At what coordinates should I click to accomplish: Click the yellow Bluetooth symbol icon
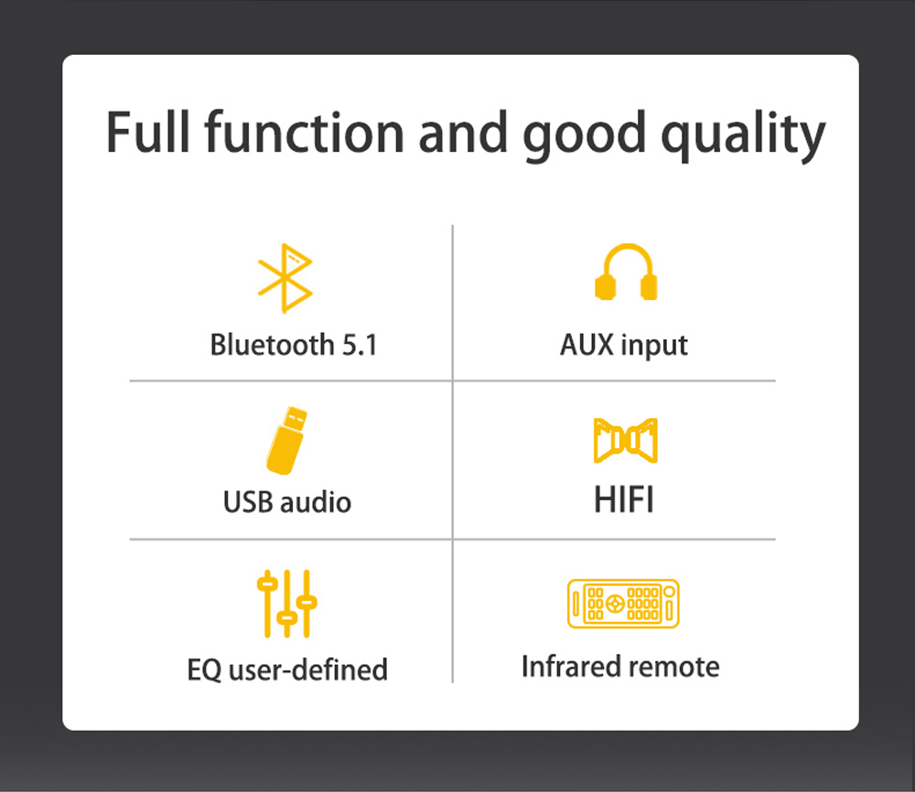[x=285, y=278]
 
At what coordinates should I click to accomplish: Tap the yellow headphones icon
[x=626, y=272]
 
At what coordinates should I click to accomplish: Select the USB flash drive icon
[x=285, y=440]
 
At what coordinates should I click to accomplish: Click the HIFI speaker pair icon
[x=626, y=440]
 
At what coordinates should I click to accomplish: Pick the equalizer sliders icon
[x=286, y=603]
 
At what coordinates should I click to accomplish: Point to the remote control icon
[x=623, y=603]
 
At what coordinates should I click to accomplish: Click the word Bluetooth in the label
[x=272, y=344]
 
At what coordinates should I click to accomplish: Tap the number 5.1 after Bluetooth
[x=360, y=345]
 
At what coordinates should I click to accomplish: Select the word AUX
[x=587, y=344]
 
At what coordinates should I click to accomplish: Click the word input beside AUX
[x=654, y=346]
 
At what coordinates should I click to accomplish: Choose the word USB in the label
[x=248, y=502]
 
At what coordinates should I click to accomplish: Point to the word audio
[x=316, y=501]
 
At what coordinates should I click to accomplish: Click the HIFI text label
[x=624, y=499]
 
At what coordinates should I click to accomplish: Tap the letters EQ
[x=204, y=669]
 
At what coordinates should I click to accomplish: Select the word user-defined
[x=308, y=669]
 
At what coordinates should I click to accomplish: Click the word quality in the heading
[x=743, y=135]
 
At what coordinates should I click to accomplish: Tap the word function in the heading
[x=305, y=133]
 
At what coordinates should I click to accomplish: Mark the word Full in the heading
[x=148, y=133]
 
